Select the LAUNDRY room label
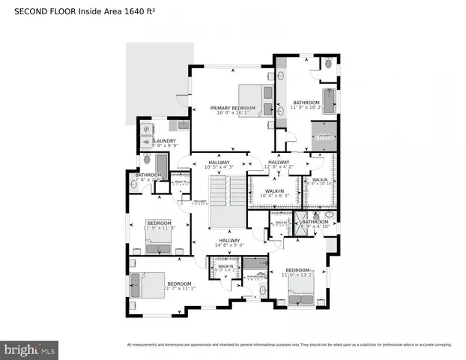pos(164,141)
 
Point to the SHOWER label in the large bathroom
pos(323,137)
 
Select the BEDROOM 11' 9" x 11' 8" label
pos(159,224)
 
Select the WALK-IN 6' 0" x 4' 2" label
pos(225,267)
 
